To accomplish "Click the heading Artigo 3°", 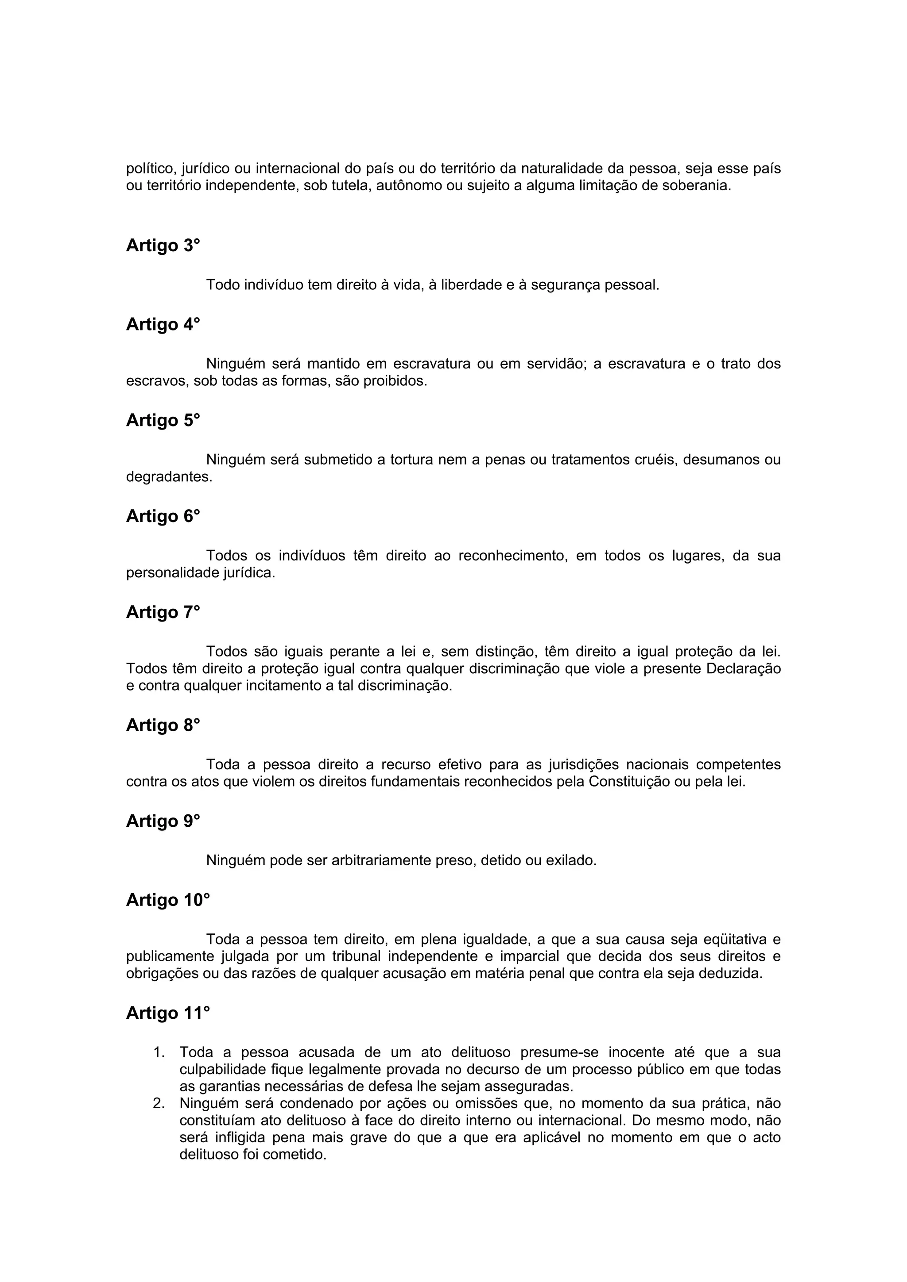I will (163, 246).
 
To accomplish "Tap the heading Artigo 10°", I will (168, 900).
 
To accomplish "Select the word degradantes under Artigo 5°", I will (169, 477).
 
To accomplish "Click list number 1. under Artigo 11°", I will (159, 1052).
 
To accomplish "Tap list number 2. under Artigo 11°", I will (159, 1104).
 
